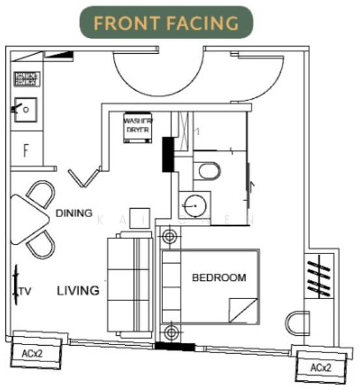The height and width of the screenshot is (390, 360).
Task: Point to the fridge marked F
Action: point(26,151)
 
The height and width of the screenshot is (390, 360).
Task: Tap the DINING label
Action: point(73,213)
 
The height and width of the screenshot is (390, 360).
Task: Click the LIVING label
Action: point(77,290)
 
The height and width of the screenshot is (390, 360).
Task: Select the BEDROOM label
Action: point(219,278)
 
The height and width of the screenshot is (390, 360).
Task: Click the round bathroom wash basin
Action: point(192,207)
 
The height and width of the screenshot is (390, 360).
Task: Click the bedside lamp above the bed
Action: point(170,237)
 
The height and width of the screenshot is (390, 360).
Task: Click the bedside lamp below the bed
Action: point(170,333)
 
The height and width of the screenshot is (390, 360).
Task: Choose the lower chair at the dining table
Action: point(39,244)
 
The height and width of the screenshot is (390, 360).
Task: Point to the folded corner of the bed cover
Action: point(245,309)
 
